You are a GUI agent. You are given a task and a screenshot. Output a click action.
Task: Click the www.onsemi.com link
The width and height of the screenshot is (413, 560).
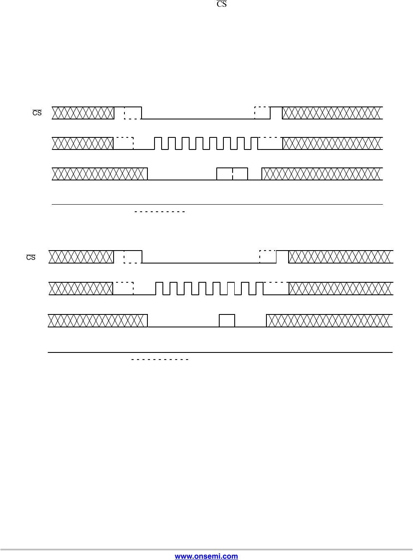[x=206, y=556]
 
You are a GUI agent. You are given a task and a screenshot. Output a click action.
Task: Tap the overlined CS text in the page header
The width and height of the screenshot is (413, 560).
[x=221, y=5]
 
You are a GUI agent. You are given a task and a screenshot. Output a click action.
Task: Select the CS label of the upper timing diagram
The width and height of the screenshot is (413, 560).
[x=37, y=113]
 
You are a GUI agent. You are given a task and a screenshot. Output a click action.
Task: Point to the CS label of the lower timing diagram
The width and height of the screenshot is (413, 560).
[x=31, y=257]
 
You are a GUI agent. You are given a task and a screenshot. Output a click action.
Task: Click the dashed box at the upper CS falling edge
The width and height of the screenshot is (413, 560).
[x=133, y=113]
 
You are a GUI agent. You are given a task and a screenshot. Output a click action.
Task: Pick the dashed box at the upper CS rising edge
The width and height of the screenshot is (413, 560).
[x=263, y=113]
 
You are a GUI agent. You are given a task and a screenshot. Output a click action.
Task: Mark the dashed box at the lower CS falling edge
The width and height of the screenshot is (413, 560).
[x=133, y=257]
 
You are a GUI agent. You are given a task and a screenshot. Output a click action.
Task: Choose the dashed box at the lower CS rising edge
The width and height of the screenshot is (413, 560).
[x=268, y=257]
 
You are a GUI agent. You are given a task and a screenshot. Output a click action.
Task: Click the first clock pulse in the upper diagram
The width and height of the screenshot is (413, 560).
[x=158, y=143]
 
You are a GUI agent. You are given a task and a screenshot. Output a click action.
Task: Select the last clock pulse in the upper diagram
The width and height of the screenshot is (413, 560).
[x=254, y=143]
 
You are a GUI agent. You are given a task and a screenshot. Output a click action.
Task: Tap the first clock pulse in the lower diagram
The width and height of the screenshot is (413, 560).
[x=159, y=289]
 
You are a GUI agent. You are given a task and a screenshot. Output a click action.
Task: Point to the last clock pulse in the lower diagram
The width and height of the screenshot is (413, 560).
[x=259, y=289]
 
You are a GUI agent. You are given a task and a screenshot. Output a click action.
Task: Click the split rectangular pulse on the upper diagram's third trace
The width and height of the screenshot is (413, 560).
[x=232, y=174]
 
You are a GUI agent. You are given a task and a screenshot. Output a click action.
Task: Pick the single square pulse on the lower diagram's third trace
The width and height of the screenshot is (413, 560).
[x=227, y=321]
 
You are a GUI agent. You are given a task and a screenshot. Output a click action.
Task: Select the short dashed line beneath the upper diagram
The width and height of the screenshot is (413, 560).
[x=160, y=212]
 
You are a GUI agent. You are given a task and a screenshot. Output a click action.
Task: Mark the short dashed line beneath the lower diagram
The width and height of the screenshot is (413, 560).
[x=160, y=359]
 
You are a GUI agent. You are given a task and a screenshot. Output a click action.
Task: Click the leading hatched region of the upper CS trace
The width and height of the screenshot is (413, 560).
[x=83, y=113]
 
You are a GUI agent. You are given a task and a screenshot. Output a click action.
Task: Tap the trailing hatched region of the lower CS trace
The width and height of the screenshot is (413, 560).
[x=341, y=257]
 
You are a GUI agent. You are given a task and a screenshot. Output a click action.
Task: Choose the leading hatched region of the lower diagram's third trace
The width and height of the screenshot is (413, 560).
[x=98, y=320]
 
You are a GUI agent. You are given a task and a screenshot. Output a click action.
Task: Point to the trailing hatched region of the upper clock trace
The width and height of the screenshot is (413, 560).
[x=332, y=143]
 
